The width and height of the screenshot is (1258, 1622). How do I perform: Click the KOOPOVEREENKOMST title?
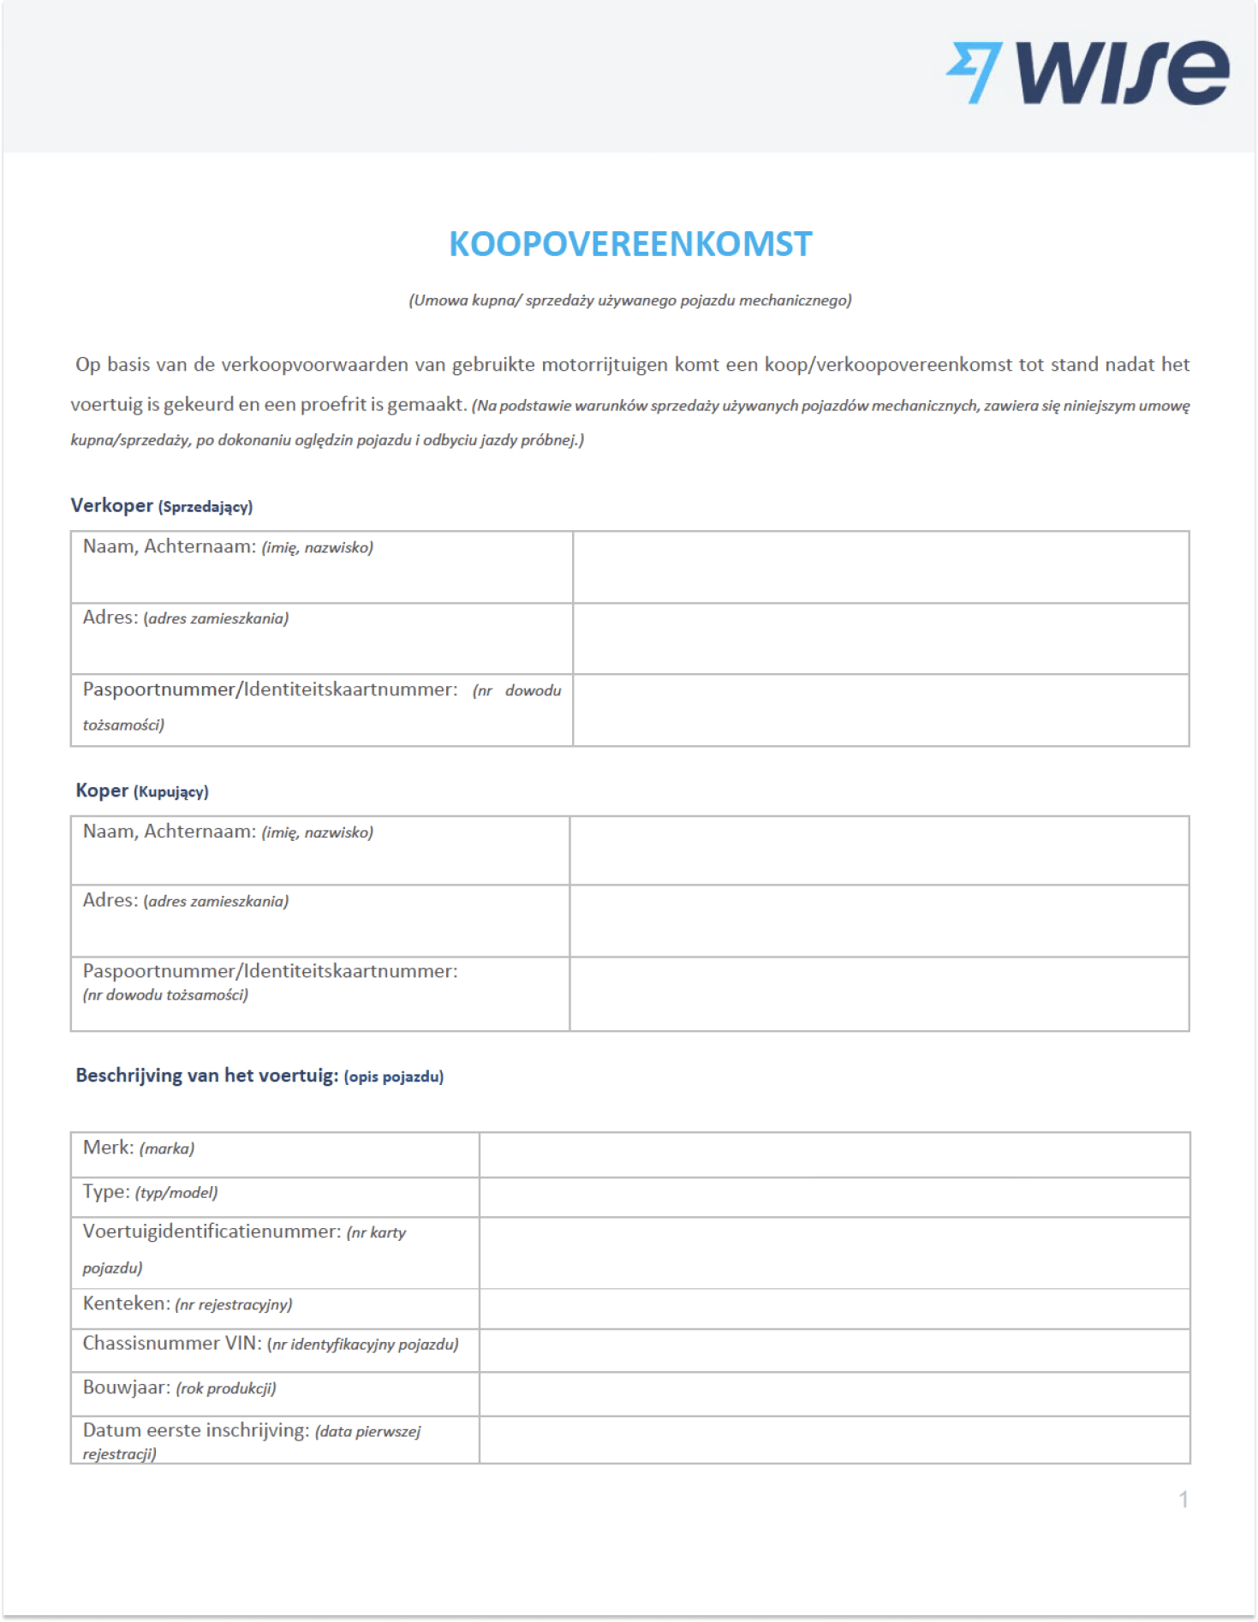point(630,244)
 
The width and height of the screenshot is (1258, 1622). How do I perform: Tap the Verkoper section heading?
point(111,505)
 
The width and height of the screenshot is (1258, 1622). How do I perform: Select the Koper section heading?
point(102,790)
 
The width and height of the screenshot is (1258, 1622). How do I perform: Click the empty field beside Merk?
point(834,1154)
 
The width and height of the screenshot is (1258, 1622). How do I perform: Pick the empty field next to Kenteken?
point(834,1309)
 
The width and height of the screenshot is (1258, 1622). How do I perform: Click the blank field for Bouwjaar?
point(834,1393)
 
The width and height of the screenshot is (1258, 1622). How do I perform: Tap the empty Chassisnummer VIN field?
point(834,1350)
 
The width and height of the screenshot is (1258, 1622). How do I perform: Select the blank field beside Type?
point(834,1196)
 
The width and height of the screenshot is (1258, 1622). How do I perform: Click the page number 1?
point(1183,1500)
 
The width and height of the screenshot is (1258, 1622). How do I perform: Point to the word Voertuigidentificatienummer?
point(211,1231)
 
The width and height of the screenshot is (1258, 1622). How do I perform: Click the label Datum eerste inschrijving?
point(195,1430)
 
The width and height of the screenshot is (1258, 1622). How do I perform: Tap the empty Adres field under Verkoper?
point(880,638)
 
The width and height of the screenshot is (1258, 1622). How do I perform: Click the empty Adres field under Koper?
point(879,921)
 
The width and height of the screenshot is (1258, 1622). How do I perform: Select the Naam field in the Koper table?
point(879,850)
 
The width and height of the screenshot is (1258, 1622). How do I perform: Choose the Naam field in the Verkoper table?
point(880,567)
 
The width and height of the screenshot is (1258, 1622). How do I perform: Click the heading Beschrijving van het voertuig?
point(206,1076)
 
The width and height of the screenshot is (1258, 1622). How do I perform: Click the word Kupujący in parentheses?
point(171,792)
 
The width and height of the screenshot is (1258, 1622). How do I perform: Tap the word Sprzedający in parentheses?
point(206,507)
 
